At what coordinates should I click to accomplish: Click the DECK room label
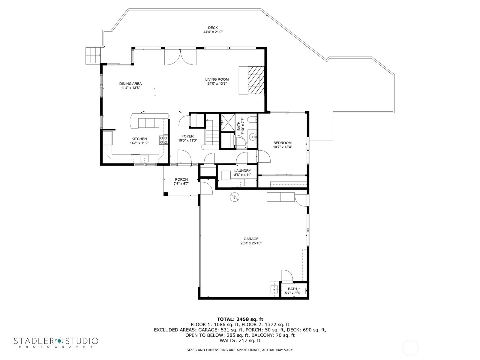[x=213, y=28]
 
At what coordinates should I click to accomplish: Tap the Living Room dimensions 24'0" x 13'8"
[x=217, y=83]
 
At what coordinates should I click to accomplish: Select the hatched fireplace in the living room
[x=256, y=80]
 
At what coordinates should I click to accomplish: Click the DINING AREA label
[x=130, y=84]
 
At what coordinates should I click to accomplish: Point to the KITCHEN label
[x=139, y=139]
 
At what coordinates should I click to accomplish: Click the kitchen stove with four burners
[x=163, y=140]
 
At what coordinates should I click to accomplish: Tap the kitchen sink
[x=144, y=158]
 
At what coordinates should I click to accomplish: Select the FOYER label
[x=187, y=136]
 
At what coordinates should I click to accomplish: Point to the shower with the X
[x=228, y=123]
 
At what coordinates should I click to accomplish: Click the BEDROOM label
[x=282, y=143]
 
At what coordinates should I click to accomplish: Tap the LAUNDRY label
[x=242, y=171]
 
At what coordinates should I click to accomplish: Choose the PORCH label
[x=181, y=179]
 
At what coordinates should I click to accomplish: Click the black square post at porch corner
[x=166, y=194]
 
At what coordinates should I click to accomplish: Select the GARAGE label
[x=251, y=239]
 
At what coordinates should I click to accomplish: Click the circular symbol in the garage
[x=234, y=197]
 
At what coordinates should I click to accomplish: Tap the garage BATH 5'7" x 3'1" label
[x=292, y=291]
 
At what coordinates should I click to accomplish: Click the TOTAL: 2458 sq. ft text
[x=240, y=319]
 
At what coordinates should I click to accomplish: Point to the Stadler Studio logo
[x=56, y=342]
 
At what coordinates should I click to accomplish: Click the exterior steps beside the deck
[x=93, y=55]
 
